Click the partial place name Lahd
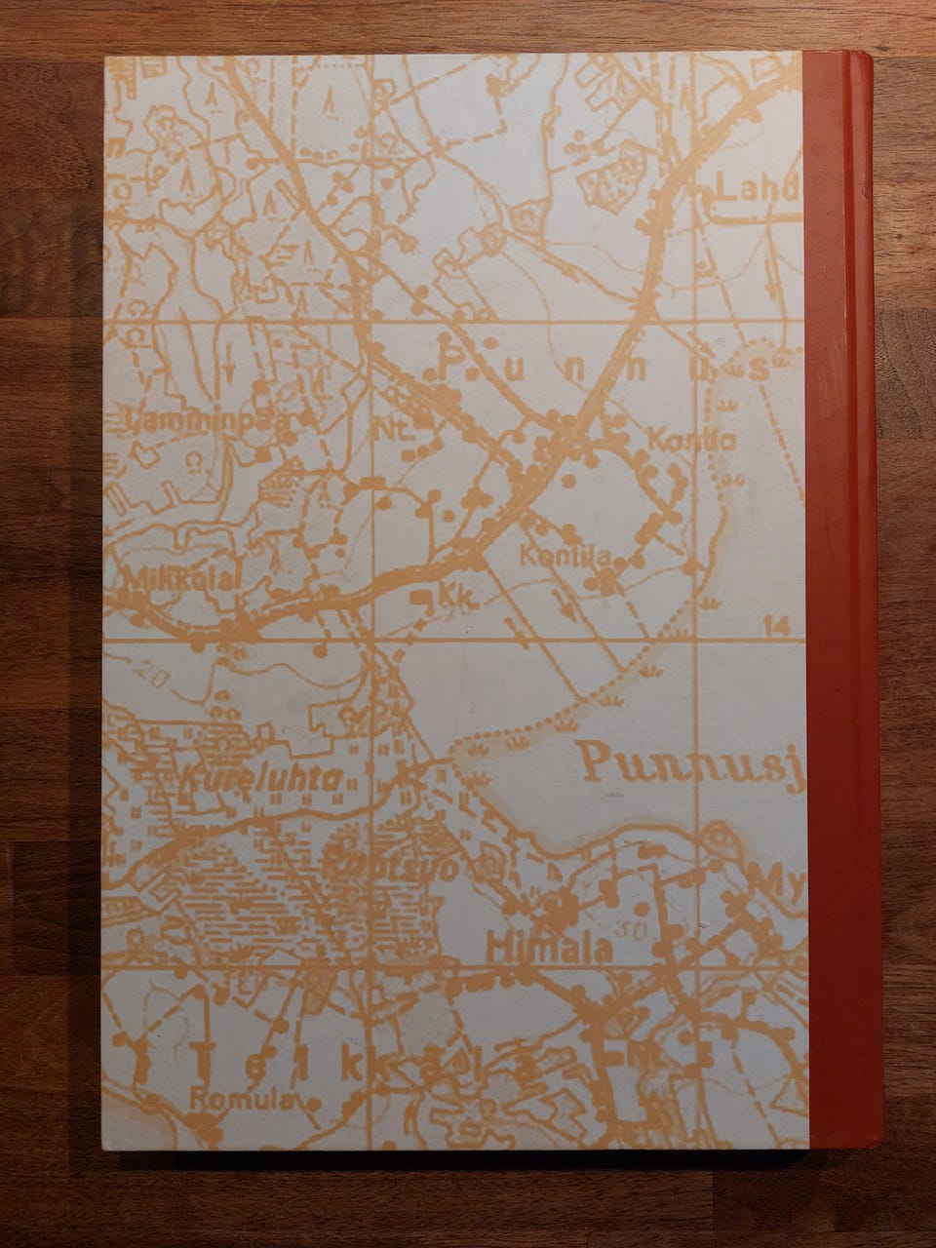tap(757, 188)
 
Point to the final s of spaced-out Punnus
tap(751, 369)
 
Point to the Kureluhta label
tap(261, 777)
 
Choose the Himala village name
tap(549, 947)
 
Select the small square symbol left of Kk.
tap(420, 595)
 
